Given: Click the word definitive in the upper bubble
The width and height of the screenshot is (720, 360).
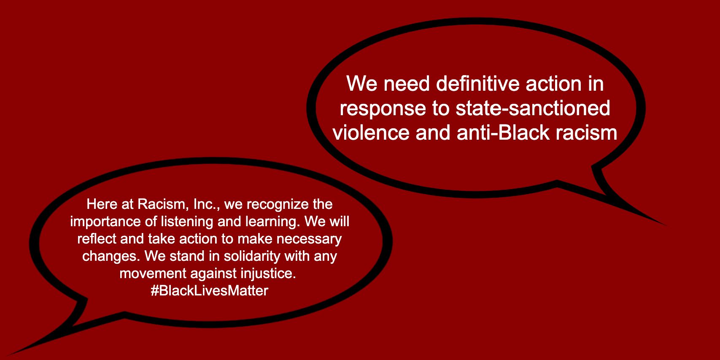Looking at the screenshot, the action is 477,84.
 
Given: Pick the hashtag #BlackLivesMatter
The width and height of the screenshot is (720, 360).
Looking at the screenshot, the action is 210,291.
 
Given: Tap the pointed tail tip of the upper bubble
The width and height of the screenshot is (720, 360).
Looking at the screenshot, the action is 665,225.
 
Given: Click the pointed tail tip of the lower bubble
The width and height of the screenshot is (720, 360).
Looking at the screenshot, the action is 7,355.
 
